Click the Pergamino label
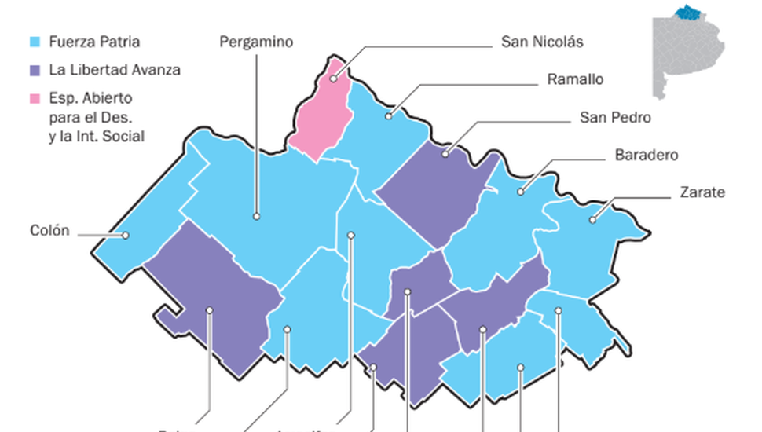256,42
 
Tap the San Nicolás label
542,42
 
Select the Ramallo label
576,79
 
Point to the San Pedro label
615,117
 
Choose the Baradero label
647,155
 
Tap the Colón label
50,231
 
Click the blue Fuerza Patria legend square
34,42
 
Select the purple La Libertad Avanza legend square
34,70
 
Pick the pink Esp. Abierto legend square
34,98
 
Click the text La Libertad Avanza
115,70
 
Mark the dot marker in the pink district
333,78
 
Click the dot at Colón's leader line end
125,234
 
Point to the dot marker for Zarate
593,220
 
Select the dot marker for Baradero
519,192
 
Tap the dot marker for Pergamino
256,215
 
